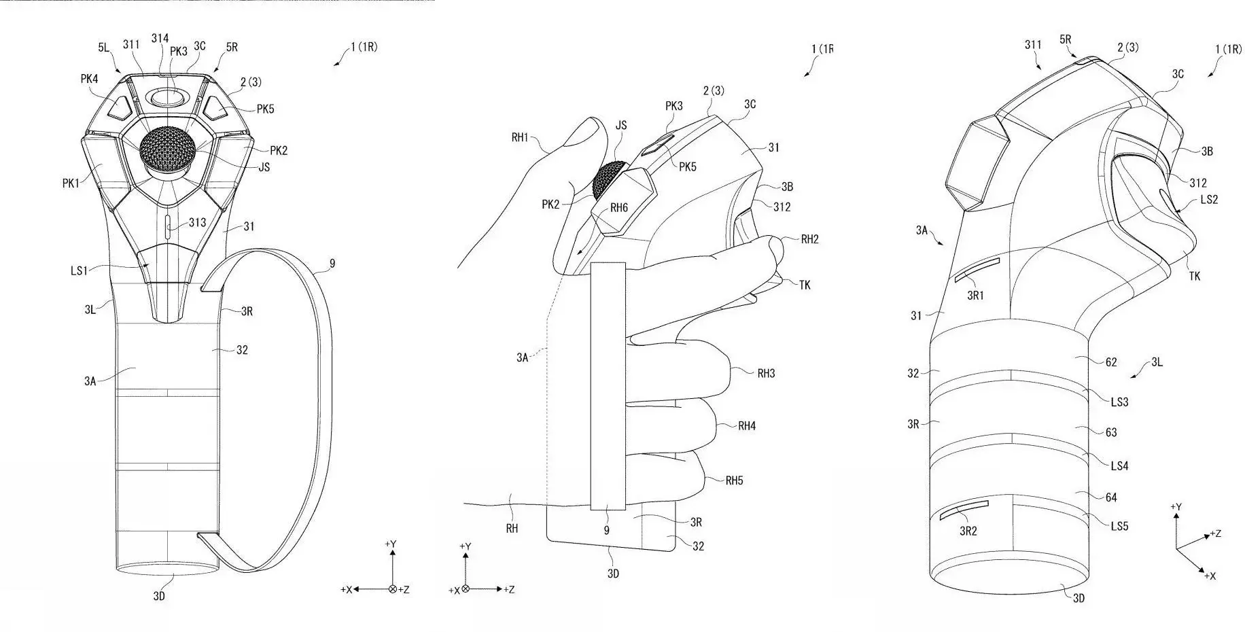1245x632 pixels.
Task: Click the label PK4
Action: pyautogui.click(x=89, y=79)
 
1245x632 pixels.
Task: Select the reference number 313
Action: pyautogui.click(x=197, y=222)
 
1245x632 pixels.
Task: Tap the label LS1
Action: pyautogui.click(x=80, y=270)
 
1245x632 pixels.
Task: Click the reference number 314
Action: pyautogui.click(x=160, y=39)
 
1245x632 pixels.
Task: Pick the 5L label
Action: pyautogui.click(x=103, y=48)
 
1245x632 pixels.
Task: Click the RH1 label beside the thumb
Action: pyautogui.click(x=520, y=138)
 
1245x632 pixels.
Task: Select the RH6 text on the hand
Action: pyautogui.click(x=618, y=208)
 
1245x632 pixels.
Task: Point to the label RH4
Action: pyautogui.click(x=747, y=426)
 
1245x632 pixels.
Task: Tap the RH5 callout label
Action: pyautogui.click(x=734, y=480)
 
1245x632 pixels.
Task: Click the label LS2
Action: pyautogui.click(x=1209, y=199)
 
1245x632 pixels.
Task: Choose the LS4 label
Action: pyautogui.click(x=1119, y=466)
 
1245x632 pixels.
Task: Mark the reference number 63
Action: pyautogui.click(x=1111, y=432)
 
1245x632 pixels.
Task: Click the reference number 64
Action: pyautogui.click(x=1111, y=497)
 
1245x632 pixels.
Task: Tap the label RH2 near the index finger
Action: pyautogui.click(x=810, y=239)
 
